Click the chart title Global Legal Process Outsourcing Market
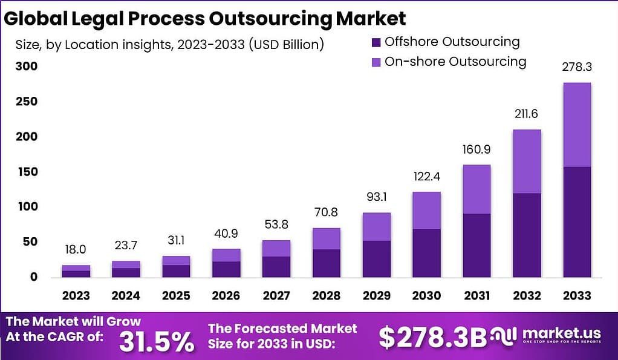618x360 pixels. (205, 19)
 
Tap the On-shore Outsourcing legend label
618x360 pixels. (455, 62)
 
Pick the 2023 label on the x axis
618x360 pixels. (76, 296)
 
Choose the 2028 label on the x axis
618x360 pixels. (327, 296)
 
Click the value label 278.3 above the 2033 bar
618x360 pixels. (576, 68)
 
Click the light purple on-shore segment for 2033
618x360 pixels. (576, 125)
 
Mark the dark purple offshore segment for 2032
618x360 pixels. (526, 235)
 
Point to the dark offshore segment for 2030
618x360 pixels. (426, 253)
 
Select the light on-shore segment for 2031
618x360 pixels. (477, 189)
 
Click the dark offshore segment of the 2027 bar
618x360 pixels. (276, 267)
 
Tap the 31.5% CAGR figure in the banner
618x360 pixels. (157, 342)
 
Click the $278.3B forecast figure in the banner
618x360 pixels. (432, 338)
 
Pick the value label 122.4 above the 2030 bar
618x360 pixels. (426, 177)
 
